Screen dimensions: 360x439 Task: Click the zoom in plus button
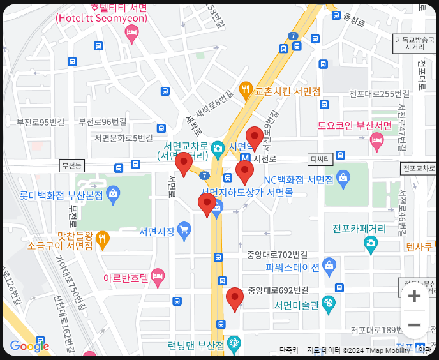pos(414,296)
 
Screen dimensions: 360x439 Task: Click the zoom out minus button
pos(414,325)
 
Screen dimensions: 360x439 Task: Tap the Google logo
pos(29,347)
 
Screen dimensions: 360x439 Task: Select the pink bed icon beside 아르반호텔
pos(158,277)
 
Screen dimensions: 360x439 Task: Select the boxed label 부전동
pos(71,165)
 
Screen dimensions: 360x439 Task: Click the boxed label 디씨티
pos(319,159)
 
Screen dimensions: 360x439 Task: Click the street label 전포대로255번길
pos(378,94)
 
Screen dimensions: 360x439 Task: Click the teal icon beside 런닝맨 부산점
pos(234,345)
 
